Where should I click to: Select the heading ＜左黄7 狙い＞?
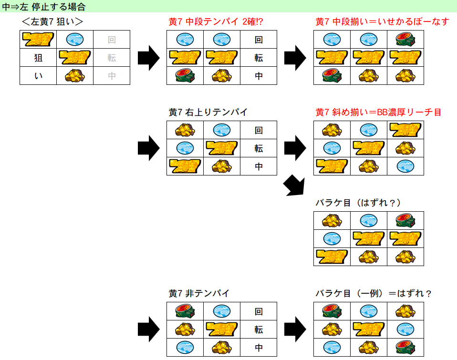click(52, 21)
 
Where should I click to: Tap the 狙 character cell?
click(38, 58)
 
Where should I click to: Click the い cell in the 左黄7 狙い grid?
click(38, 76)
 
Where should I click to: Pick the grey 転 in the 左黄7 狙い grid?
click(112, 58)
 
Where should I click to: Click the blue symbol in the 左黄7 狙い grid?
click(74, 40)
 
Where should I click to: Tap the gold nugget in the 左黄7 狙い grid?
click(74, 76)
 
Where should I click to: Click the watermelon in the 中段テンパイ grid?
click(185, 76)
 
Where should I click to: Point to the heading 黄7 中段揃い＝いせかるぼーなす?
click(382, 21)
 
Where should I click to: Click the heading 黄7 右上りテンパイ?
click(208, 112)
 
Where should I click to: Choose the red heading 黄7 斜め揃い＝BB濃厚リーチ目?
click(378, 112)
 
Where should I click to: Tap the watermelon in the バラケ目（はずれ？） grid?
click(405, 220)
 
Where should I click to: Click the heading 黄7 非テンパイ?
click(199, 293)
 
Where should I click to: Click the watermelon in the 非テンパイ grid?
click(185, 311)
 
